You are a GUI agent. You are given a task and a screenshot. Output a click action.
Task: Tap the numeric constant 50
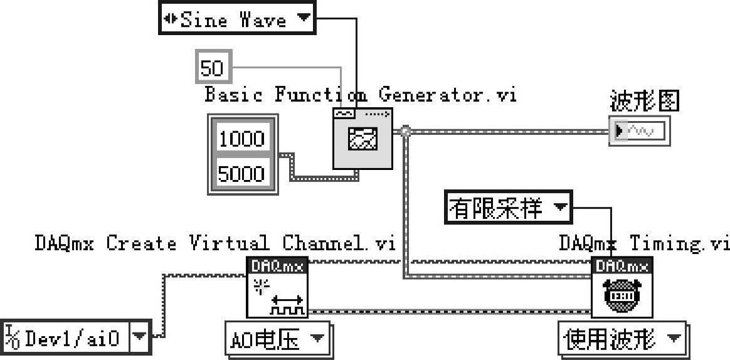coord(212,68)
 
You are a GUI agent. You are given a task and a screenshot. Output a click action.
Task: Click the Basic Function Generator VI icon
coord(362,139)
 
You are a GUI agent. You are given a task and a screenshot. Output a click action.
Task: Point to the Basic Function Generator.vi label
coord(360,95)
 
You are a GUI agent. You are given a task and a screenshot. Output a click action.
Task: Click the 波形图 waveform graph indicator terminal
coord(639,130)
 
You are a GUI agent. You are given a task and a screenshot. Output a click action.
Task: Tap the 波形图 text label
coord(644,100)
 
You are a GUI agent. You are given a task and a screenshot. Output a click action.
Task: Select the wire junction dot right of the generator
coord(406,132)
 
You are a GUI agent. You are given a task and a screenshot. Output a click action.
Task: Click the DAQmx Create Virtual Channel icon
coord(277,288)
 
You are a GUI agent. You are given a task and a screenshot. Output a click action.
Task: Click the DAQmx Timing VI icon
coord(622,288)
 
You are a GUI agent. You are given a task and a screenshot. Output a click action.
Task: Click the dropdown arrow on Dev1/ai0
coord(140,339)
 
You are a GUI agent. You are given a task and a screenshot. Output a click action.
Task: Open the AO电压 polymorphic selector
coord(278,341)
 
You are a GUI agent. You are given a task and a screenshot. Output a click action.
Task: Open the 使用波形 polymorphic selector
coord(621,341)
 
